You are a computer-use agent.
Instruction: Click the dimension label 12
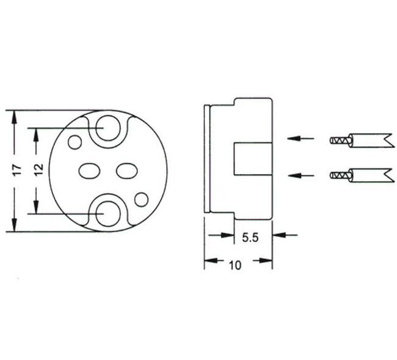coord(37,170)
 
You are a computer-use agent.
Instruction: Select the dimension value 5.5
coord(251,239)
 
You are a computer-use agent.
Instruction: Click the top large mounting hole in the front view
coord(107,127)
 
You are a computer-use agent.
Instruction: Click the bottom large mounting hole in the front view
coord(107,212)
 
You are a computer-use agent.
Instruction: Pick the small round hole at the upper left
coord(75,142)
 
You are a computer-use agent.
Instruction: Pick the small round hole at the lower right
coord(141,199)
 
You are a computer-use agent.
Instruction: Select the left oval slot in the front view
coord(90,171)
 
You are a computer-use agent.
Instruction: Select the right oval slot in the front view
coord(126,171)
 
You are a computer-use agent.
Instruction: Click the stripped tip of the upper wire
coord(338,140)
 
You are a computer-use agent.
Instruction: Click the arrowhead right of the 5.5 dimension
coord(279,235)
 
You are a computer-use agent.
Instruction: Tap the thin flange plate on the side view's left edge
coord(206,158)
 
